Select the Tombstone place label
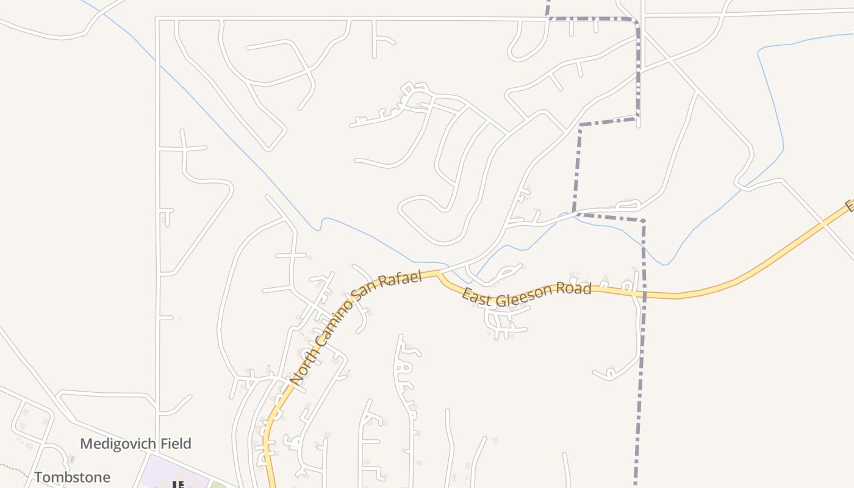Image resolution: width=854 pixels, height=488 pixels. (x=73, y=477)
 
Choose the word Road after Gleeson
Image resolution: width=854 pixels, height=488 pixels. (x=576, y=288)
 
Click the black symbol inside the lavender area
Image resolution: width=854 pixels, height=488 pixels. (x=178, y=484)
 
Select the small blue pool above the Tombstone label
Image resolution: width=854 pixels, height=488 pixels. (x=72, y=458)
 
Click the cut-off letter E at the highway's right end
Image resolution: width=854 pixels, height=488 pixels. (x=849, y=206)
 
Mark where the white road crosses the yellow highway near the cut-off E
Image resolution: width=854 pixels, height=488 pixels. (x=824, y=224)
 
